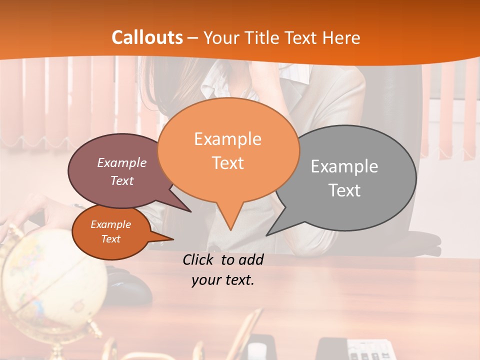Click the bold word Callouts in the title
(147, 37)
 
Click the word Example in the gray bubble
(344, 166)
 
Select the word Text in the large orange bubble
(228, 163)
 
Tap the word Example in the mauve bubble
(122, 162)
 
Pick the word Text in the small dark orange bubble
(111, 239)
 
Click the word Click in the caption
(199, 259)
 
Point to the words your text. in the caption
(223, 280)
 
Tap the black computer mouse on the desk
(132, 287)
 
